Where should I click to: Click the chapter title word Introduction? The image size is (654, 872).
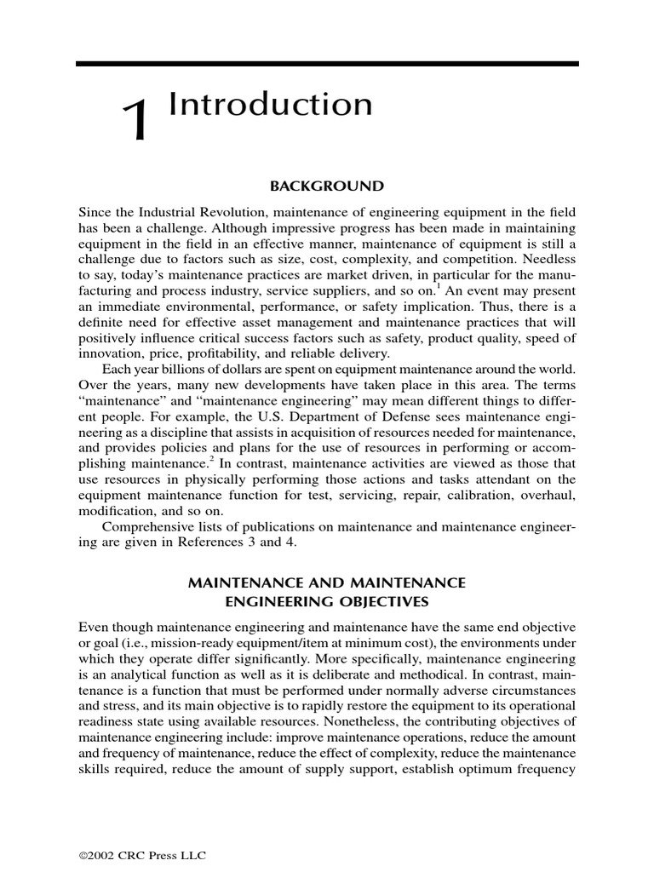(271, 105)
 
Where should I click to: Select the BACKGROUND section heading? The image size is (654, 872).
(327, 186)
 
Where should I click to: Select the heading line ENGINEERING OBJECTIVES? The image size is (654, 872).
(327, 601)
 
